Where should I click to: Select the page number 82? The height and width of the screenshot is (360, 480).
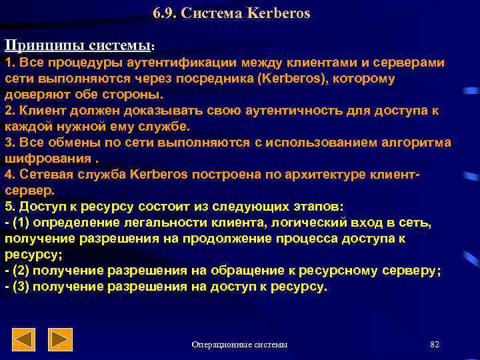tap(435, 344)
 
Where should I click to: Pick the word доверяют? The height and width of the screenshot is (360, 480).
tap(36, 94)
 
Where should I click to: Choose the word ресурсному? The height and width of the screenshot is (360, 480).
tap(335, 271)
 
